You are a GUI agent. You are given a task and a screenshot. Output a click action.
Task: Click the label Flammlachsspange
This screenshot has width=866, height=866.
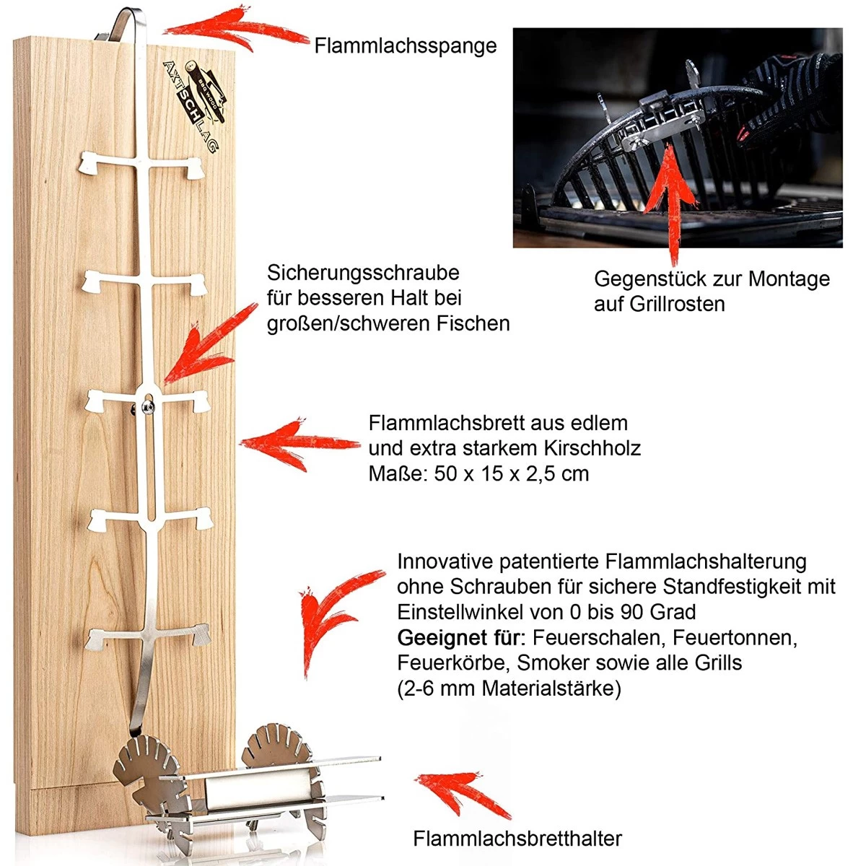click(405, 45)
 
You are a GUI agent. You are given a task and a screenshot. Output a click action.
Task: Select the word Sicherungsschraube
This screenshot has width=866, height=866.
click(363, 274)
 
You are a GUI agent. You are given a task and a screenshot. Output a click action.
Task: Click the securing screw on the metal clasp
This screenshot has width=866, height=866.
click(148, 408)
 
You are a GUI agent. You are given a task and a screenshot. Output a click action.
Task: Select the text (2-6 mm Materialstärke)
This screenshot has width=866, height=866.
click(509, 688)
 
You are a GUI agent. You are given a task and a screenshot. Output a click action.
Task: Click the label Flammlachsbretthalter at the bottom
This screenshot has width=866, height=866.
click(517, 839)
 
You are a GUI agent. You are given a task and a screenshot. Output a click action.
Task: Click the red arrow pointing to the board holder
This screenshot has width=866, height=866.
click(462, 794)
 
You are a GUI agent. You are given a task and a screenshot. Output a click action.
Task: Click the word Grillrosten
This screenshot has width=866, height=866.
click(678, 304)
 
